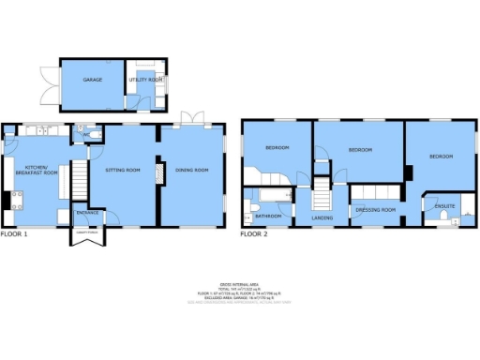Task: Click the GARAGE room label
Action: tap(92, 81)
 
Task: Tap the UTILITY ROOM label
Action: tap(146, 81)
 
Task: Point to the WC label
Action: tap(85, 135)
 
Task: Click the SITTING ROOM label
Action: tap(122, 170)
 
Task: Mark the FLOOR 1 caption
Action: tap(14, 233)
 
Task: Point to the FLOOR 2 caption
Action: tap(254, 233)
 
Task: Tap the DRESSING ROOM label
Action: tap(376, 210)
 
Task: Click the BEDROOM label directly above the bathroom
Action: tap(276, 148)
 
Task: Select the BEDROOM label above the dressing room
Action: tap(361, 150)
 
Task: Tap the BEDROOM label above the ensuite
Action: tap(442, 157)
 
